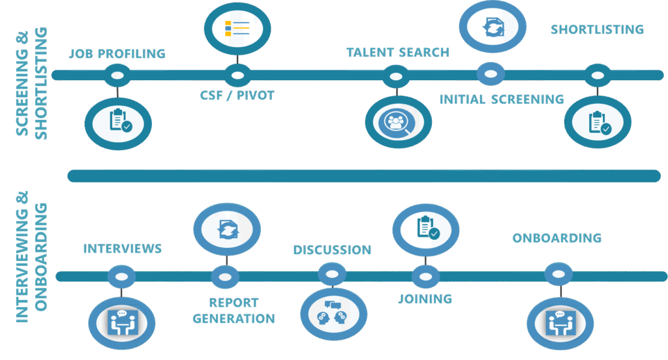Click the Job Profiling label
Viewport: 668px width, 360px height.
117,54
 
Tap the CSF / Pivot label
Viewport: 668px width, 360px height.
237,95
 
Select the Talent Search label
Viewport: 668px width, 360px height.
398,53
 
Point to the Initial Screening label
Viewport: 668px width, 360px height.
501,100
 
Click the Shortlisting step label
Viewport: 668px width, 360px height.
597,30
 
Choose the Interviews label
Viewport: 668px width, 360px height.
122,248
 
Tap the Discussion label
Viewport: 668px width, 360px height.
332,250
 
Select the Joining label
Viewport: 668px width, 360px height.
425,299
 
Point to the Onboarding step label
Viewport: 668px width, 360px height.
556,238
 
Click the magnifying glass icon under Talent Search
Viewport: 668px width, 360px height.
398,122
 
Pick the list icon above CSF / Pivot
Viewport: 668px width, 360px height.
237,29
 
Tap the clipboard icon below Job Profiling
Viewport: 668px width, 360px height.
118,122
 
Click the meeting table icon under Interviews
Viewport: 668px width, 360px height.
121,322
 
